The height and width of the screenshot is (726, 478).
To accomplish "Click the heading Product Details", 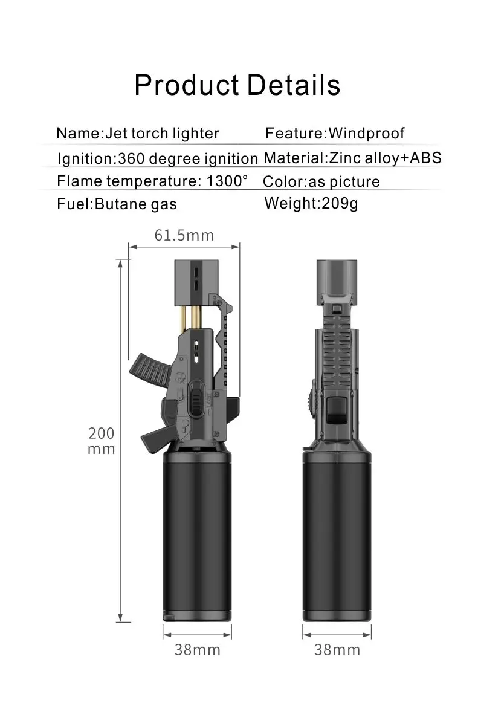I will coord(237,85).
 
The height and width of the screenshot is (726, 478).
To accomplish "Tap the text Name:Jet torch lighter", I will coord(138,133).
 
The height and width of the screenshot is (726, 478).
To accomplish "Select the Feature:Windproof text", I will coord(335,133).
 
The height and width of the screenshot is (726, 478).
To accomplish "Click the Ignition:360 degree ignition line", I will coord(158,159).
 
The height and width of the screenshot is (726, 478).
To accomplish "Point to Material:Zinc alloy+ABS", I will coord(353,158).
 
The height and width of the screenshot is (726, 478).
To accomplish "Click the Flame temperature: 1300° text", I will coord(152,181).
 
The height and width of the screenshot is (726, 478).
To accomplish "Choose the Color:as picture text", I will coord(321,181).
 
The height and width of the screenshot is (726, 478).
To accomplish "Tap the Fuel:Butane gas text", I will coord(117,204).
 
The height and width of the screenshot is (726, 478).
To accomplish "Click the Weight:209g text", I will coord(311,203).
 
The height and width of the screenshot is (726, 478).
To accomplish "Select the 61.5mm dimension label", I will coord(184,235).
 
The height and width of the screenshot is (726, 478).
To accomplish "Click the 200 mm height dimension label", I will coord(101,441).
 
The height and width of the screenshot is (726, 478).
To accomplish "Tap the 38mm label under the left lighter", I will coord(198,650).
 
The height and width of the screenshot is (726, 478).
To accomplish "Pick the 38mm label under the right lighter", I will coord(337,650).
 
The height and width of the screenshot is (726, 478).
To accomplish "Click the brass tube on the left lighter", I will coord(197,317).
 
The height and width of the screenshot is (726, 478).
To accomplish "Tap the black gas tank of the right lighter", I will coord(337,538).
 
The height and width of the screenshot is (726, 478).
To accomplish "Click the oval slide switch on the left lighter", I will coord(196,399).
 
